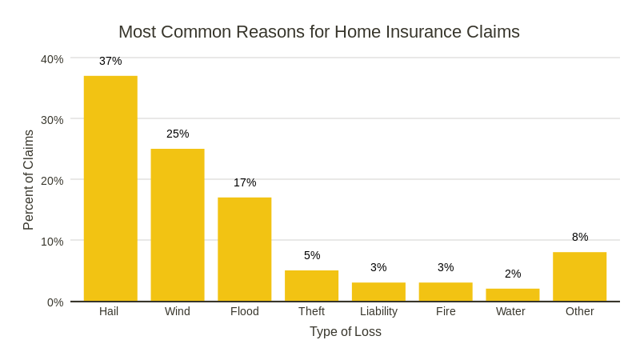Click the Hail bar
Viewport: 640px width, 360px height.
tap(110, 189)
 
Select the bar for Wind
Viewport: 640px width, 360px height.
tap(178, 225)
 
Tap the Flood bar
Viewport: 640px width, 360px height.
tap(245, 250)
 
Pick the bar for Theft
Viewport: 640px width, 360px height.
tap(311, 286)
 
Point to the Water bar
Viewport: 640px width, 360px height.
tap(513, 295)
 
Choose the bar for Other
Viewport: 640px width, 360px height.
tap(579, 277)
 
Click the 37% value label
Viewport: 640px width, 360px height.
tap(110, 61)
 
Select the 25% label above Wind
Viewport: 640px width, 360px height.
tap(178, 134)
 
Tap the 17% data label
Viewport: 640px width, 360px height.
tap(245, 182)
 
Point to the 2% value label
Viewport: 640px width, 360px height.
tap(513, 274)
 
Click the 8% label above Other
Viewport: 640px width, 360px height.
tap(580, 237)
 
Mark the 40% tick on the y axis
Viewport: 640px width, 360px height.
tap(52, 59)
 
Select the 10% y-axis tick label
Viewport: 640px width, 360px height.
tap(52, 242)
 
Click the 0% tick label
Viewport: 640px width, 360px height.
tap(55, 302)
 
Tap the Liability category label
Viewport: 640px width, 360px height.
tap(378, 311)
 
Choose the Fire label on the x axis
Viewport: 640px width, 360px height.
tap(446, 311)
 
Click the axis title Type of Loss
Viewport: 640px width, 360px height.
tap(346, 331)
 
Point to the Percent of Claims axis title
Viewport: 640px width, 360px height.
tap(28, 180)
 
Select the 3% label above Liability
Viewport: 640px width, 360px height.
tap(378, 267)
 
